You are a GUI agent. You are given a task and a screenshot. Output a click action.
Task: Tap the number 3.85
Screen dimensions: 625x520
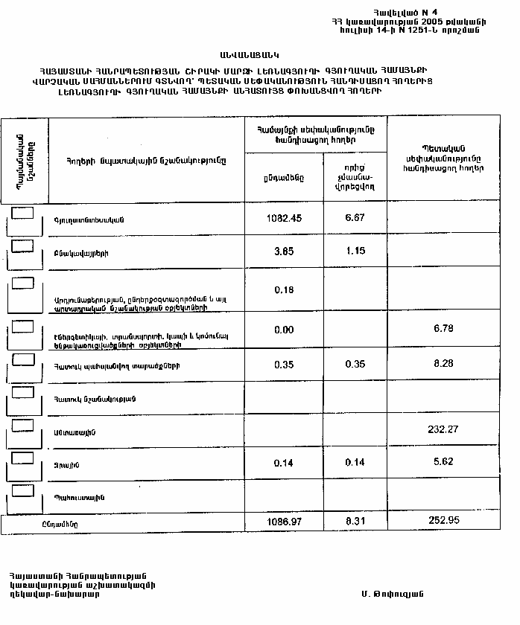point(283,251)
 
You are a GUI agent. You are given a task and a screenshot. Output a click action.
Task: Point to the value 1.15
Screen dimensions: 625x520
point(355,251)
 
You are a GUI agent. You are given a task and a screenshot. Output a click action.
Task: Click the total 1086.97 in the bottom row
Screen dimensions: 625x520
point(283,522)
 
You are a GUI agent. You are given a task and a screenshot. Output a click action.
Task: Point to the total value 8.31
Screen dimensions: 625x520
point(355,522)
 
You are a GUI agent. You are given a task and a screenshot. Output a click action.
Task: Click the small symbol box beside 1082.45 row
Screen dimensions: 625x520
point(24,213)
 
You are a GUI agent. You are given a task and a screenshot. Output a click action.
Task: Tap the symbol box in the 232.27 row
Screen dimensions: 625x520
point(24,424)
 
